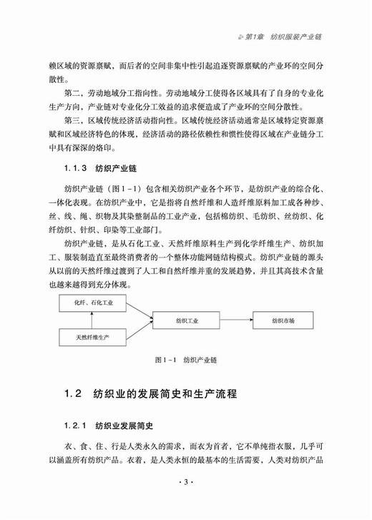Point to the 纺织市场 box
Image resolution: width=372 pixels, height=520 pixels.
click(x=275, y=319)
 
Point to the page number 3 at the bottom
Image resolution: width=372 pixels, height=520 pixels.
click(x=185, y=501)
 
